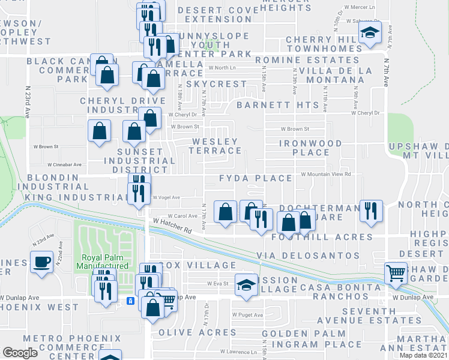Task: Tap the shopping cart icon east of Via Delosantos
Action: click(x=396, y=273)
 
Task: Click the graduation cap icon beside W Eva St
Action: click(x=246, y=284)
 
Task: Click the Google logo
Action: click(x=20, y=353)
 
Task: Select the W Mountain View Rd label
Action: click(x=326, y=174)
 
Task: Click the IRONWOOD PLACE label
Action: click(x=310, y=148)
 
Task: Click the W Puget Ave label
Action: click(x=248, y=314)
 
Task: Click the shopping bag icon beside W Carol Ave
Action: click(x=225, y=212)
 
